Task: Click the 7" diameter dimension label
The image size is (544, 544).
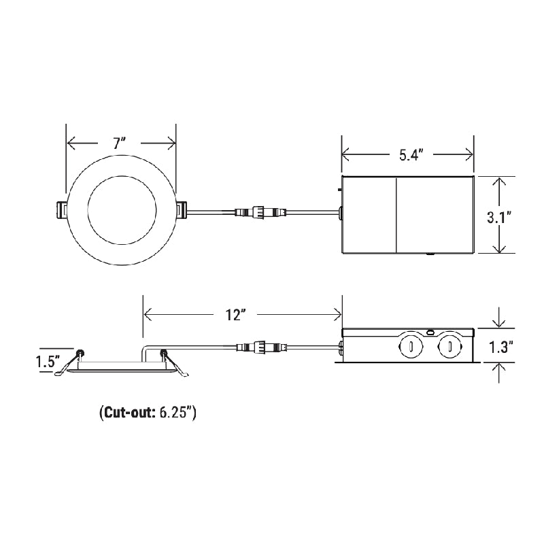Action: pyautogui.click(x=120, y=143)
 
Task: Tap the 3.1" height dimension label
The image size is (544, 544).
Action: pyautogui.click(x=499, y=218)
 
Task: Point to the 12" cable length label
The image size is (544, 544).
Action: pyautogui.click(x=235, y=315)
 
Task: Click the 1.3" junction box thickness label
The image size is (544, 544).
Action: pyautogui.click(x=500, y=347)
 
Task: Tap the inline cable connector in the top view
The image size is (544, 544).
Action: pyautogui.click(x=260, y=213)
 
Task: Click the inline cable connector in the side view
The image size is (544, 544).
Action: pyautogui.click(x=260, y=347)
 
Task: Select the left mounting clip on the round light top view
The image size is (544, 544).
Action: pyautogui.click(x=60, y=211)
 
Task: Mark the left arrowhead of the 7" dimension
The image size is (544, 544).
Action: pyautogui.click(x=69, y=143)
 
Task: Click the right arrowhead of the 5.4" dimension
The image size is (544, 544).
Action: pyautogui.click(x=470, y=155)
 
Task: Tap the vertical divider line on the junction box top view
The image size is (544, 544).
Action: pyautogui.click(x=396, y=214)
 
